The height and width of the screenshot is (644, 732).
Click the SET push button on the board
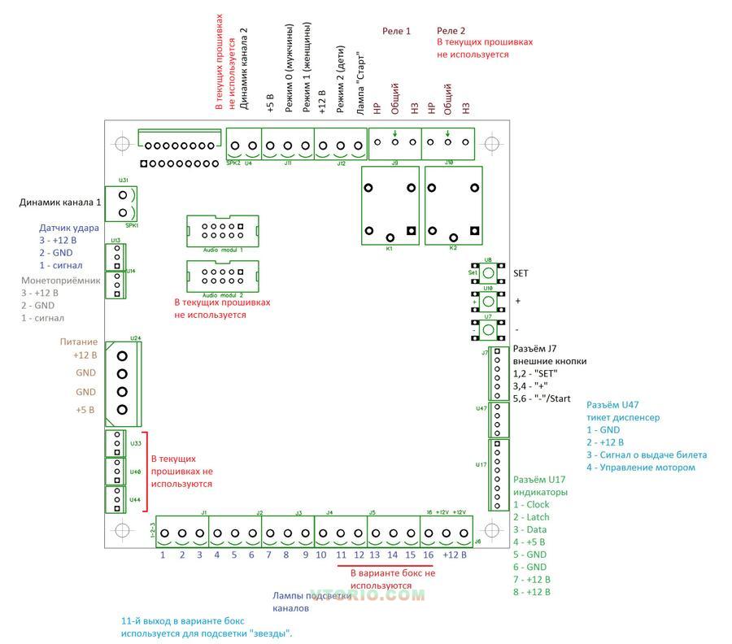(488, 273)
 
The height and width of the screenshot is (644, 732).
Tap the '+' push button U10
(488, 301)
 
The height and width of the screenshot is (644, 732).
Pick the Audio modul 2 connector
(222, 276)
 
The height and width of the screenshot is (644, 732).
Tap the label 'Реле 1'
(396, 31)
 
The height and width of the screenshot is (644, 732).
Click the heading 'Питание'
(79, 342)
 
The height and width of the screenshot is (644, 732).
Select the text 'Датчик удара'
(68, 228)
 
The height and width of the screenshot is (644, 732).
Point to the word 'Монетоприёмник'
(60, 280)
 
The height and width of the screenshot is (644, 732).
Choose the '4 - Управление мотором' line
(640, 467)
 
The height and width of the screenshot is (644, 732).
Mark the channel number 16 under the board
(427, 555)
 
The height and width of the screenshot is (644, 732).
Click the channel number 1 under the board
(163, 555)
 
